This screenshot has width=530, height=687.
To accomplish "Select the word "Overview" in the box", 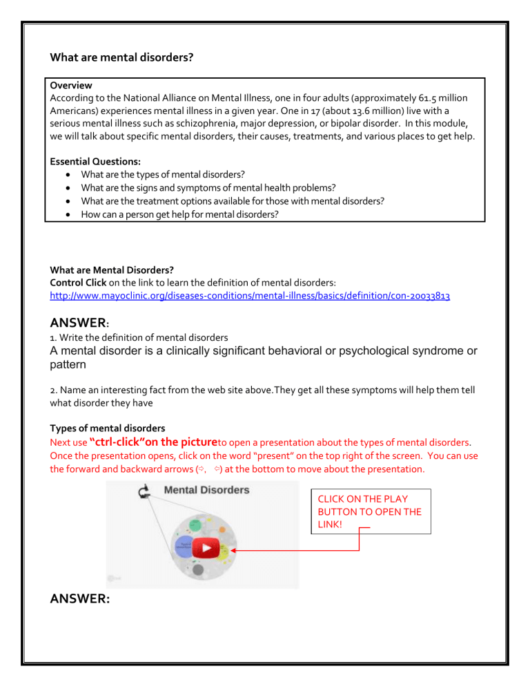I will [x=72, y=86].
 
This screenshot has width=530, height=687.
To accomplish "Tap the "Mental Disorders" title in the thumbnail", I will [x=206, y=490].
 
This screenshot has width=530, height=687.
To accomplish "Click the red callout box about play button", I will [x=371, y=511].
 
